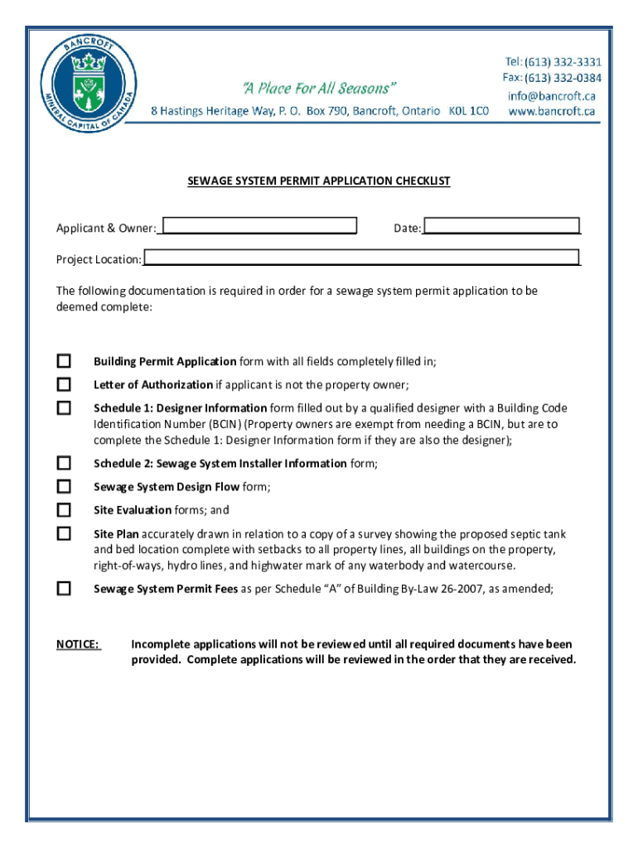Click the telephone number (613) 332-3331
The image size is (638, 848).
553,62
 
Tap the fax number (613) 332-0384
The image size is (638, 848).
552,78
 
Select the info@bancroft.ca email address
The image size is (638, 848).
551,95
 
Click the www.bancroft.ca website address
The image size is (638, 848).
551,111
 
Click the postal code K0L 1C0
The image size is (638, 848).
468,111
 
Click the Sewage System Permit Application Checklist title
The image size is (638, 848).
319,181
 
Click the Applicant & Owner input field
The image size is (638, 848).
259,227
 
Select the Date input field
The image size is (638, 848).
501,227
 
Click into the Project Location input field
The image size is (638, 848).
360,258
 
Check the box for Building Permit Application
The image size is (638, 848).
64,361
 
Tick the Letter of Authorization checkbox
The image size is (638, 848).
64,384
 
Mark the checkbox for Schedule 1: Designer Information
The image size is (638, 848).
64,407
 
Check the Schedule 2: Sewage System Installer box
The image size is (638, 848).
64,463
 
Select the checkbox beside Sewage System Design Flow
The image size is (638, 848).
64,486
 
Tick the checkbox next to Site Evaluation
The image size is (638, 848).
64,509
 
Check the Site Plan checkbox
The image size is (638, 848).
64,533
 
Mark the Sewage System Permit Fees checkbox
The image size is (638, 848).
64,589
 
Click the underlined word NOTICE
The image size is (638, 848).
78,644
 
